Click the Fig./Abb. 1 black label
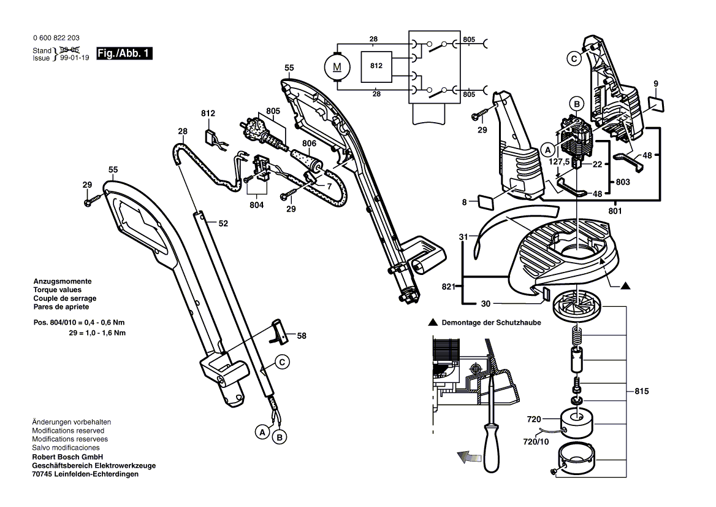124,54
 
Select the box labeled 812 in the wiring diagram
375,64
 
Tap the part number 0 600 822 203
55,38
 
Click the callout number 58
302,336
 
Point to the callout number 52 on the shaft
223,224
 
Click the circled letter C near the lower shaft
281,362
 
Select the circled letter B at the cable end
280,437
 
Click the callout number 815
642,392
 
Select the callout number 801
615,212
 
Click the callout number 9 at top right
655,83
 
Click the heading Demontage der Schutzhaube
489,322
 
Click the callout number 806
310,143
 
